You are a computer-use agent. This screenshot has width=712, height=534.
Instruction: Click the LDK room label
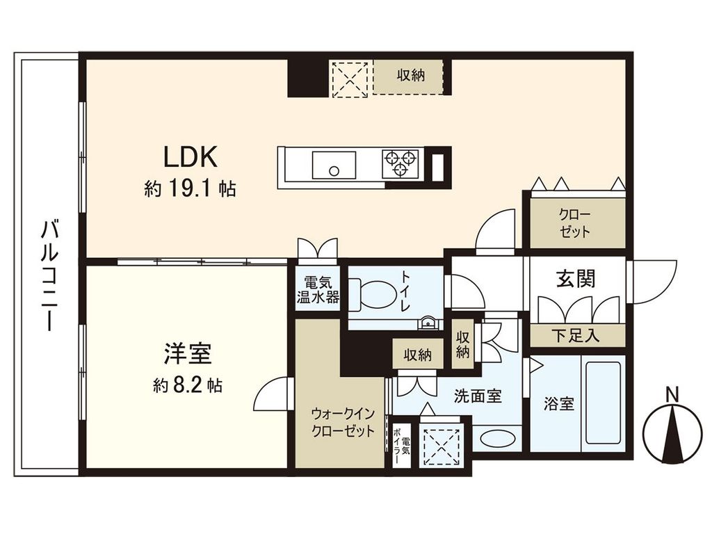click(191, 157)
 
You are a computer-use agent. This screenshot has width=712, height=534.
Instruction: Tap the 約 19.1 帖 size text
click(190, 188)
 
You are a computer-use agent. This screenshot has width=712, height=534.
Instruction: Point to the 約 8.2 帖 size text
click(187, 386)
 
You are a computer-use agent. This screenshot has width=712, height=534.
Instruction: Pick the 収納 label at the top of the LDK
click(411, 75)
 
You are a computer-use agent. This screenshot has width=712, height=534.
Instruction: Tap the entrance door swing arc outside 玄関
click(654, 282)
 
